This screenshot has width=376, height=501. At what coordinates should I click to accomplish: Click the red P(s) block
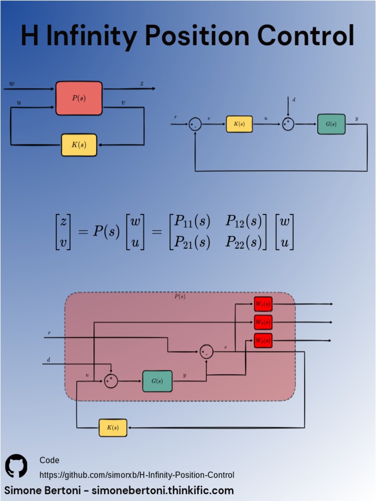click(x=79, y=98)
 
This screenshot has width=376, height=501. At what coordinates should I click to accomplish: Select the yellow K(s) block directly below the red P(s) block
click(x=79, y=145)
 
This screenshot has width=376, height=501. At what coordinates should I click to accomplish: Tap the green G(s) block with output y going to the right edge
click(x=331, y=124)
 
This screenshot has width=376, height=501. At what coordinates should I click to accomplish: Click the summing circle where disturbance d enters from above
click(x=288, y=124)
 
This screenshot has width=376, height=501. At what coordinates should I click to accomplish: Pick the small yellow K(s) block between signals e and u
click(x=239, y=124)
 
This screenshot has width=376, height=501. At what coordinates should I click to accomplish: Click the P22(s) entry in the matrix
click(x=243, y=242)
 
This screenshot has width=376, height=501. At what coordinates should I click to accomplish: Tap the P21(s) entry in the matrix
click(x=192, y=242)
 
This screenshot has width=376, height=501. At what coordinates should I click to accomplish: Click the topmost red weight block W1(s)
click(x=263, y=304)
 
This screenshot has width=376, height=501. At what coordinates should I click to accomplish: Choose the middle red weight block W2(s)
click(x=263, y=322)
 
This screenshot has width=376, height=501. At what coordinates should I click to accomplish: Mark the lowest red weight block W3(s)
click(x=263, y=341)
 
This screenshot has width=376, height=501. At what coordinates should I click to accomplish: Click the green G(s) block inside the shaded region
click(x=157, y=381)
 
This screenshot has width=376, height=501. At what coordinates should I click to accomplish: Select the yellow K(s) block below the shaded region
click(x=113, y=428)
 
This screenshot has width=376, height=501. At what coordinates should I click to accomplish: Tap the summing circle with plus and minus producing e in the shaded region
click(x=206, y=351)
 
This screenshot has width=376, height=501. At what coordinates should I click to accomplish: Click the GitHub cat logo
click(x=16, y=466)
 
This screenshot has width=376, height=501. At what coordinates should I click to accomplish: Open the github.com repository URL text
click(x=137, y=475)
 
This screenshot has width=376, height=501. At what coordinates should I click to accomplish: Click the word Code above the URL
click(x=49, y=460)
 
